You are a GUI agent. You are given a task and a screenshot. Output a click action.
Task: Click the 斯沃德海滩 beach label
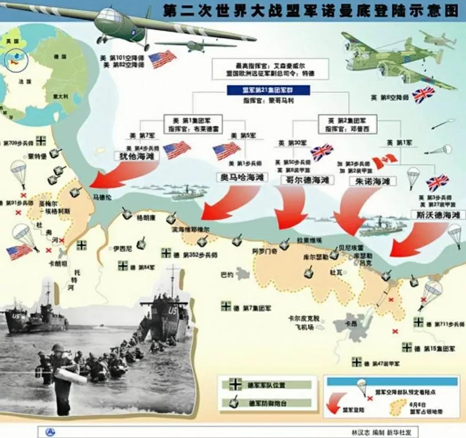coord(435,214)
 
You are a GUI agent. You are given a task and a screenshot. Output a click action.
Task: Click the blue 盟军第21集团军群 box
coord(269,90)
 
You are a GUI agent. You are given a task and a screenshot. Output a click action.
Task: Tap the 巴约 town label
coord(227,275)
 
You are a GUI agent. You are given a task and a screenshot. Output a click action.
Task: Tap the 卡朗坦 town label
coord(58,264)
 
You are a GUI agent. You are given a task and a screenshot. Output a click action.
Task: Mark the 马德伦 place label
coord(102,197)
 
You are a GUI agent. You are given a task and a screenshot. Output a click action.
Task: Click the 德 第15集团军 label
coord(434,348)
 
